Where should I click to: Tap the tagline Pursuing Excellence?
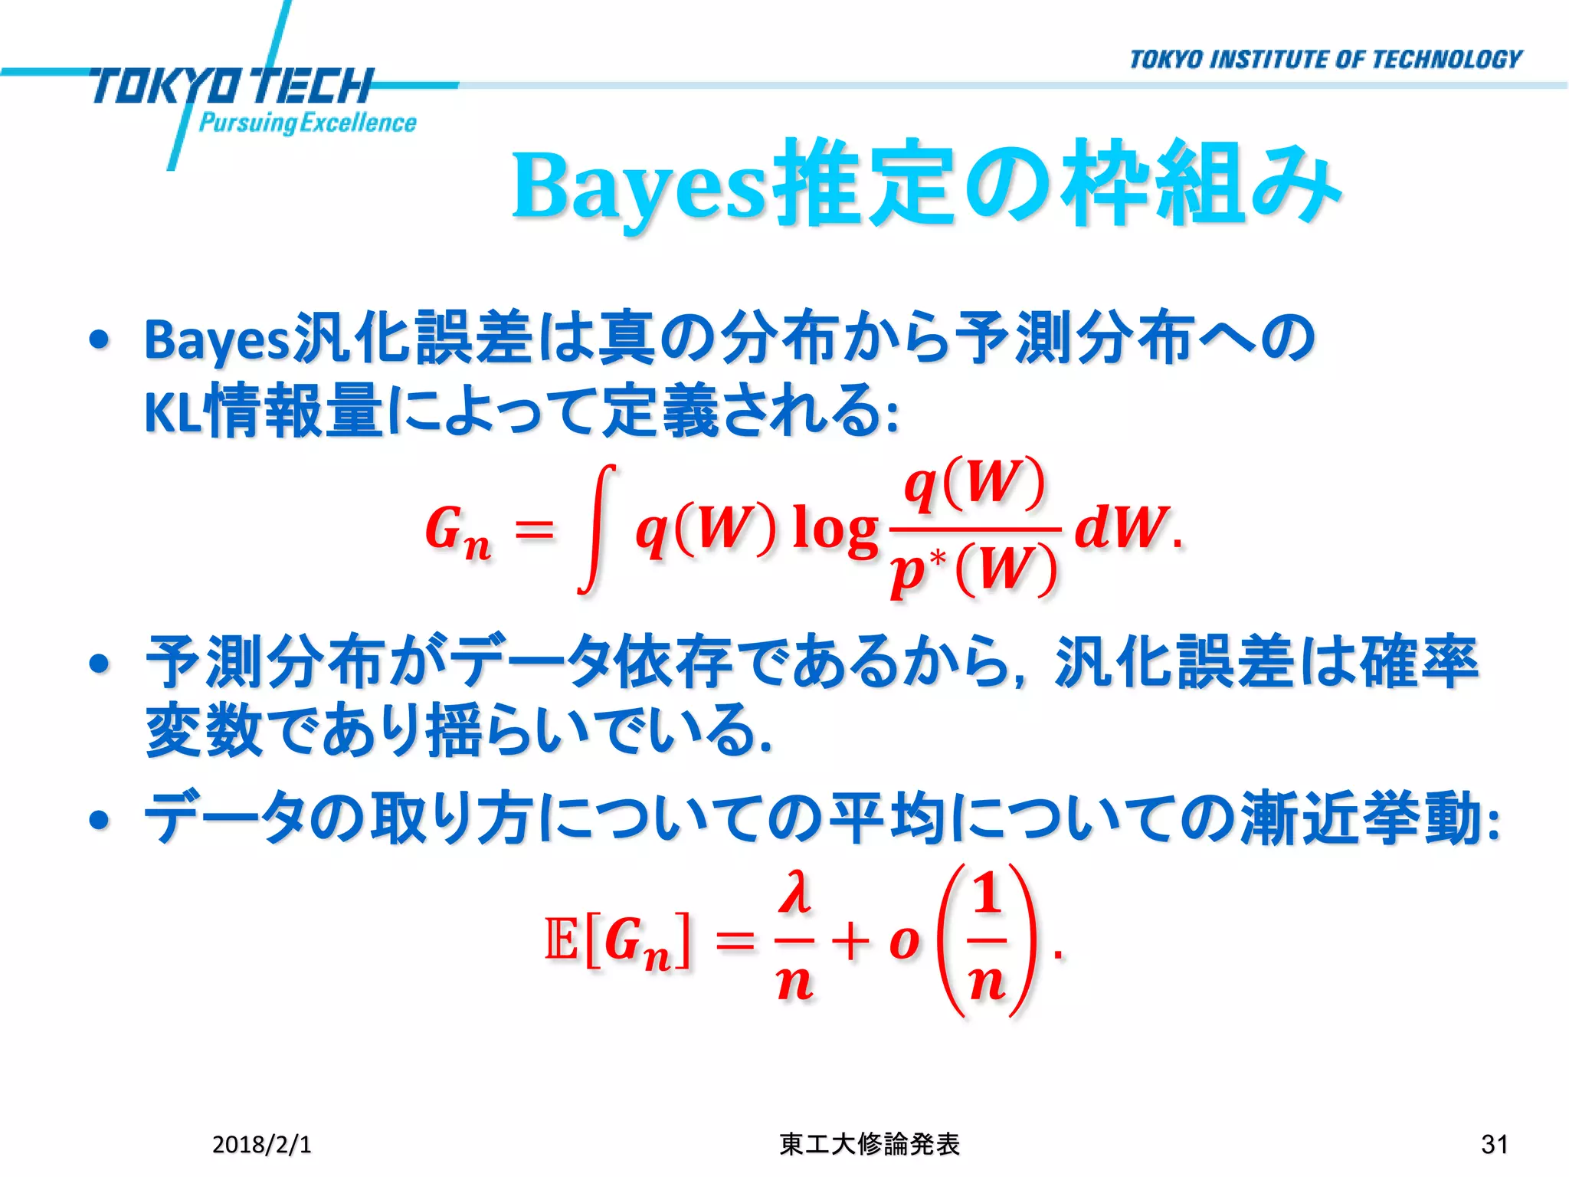point(307,123)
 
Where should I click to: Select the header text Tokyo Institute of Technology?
point(1325,60)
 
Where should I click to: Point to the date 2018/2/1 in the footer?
point(261,1144)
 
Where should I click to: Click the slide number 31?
point(1495,1144)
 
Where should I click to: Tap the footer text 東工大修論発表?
point(870,1144)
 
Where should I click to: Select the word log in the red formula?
point(835,529)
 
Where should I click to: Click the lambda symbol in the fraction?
point(794,895)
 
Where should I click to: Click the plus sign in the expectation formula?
point(851,941)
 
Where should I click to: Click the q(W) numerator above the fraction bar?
point(974,485)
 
